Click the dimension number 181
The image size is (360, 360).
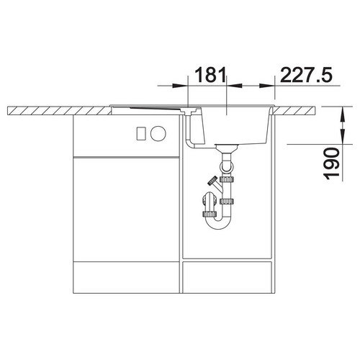tap(210, 75)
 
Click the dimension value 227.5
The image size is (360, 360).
tap(307, 75)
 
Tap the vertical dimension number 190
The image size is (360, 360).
tap(332, 164)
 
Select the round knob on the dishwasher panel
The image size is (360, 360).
tap(158, 133)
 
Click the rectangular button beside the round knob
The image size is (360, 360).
tap(141, 133)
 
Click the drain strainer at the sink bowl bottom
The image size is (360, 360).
tap(226, 147)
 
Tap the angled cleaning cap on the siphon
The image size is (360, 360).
tap(212, 181)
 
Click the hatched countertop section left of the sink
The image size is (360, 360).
tap(60, 110)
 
